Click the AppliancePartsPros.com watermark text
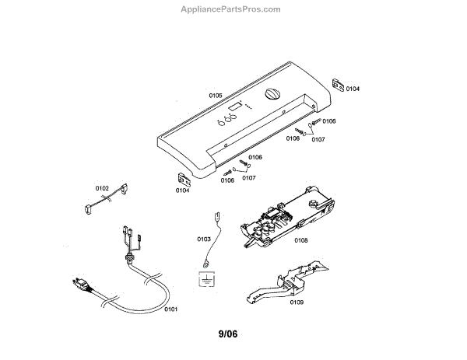click(230, 9)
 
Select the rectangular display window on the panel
click(235, 106)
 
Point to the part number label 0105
click(216, 94)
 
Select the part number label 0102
click(102, 187)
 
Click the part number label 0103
click(205, 239)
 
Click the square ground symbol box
click(205, 278)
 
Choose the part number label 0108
click(301, 240)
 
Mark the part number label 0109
click(297, 302)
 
